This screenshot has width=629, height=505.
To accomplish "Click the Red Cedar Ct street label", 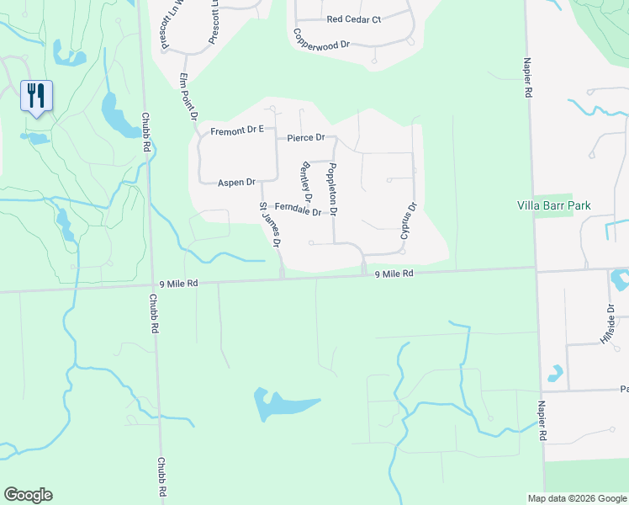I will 354,19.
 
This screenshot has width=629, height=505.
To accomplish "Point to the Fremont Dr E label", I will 237,130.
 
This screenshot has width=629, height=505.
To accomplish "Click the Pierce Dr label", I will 305,137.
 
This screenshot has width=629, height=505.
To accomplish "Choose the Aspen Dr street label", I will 236,182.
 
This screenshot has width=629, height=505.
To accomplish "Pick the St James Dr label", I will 270,224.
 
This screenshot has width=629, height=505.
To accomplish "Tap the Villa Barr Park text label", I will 554,205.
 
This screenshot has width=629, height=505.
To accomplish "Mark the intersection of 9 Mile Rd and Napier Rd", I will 535,269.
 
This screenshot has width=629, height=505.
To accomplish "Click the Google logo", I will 28,495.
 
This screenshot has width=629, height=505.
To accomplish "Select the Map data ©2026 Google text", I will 576,498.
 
